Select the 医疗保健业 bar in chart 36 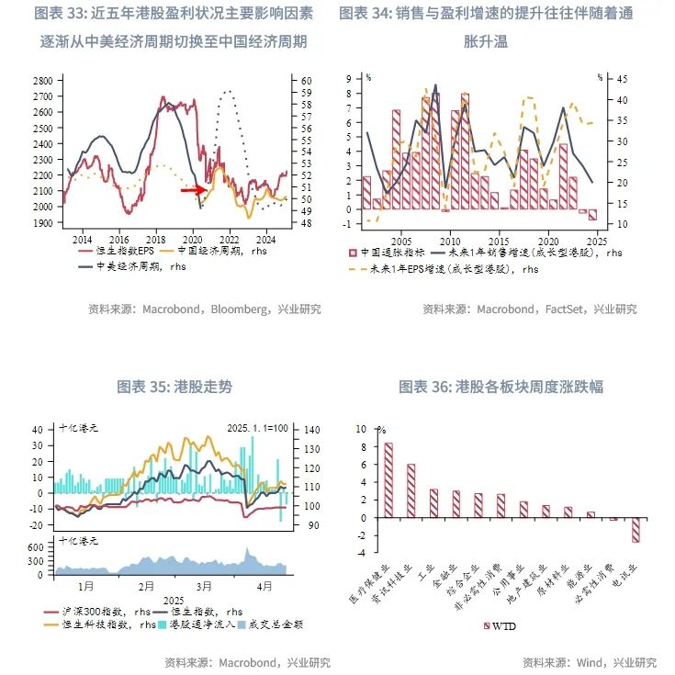tap(388, 480)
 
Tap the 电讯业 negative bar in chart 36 tap(635, 530)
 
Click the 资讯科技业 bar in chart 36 tap(411, 490)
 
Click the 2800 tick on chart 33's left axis tap(41, 82)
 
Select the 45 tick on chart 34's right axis tap(623, 78)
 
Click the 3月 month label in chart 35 tap(203, 586)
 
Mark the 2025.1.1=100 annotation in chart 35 tap(258, 428)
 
